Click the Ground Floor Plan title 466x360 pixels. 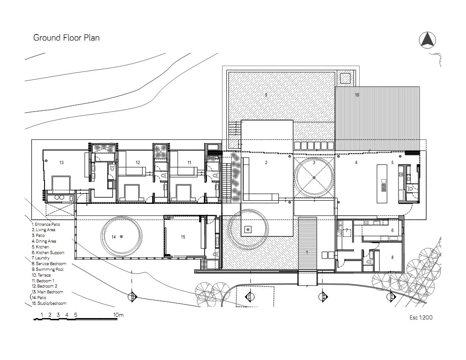[x=66, y=38]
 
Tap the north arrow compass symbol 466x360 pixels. [x=427, y=40]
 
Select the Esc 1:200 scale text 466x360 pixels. [x=421, y=317]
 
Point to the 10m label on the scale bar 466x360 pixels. [x=118, y=315]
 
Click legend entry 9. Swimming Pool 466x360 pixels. [x=48, y=270]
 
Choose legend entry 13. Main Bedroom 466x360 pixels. [x=48, y=292]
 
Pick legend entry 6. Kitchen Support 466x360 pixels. [x=48, y=252]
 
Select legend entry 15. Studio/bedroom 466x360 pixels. [x=49, y=303]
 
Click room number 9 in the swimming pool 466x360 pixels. [x=266, y=95]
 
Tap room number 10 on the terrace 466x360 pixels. [x=357, y=95]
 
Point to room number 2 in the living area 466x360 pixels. [x=266, y=162]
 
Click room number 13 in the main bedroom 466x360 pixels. [x=61, y=162]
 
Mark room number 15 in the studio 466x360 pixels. [x=183, y=237]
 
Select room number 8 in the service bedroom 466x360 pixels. [x=392, y=257]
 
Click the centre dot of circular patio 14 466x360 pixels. [x=121, y=236]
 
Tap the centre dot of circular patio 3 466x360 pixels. [x=314, y=178]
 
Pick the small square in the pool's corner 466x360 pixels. [x=346, y=79]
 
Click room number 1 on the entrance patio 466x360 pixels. [x=307, y=252]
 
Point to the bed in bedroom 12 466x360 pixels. [x=132, y=192]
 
